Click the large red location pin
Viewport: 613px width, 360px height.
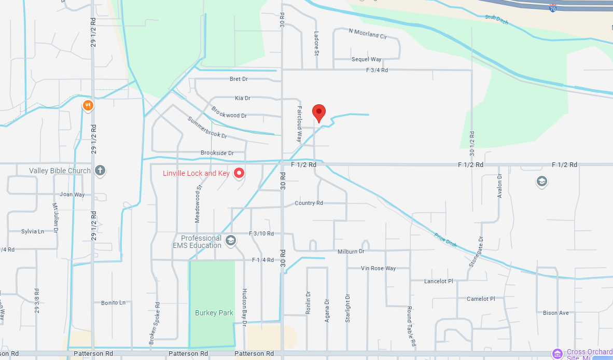pyautogui.click(x=319, y=113)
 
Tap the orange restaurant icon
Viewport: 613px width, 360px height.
pyautogui.click(x=88, y=106)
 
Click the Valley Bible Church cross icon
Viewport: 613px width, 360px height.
pyautogui.click(x=100, y=170)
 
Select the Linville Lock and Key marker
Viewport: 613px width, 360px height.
pyautogui.click(x=239, y=173)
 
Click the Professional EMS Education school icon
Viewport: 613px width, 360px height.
pyautogui.click(x=231, y=240)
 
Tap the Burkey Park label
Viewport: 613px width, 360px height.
pyautogui.click(x=214, y=313)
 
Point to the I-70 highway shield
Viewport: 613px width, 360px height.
pyautogui.click(x=553, y=8)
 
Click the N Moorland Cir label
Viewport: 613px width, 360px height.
pyautogui.click(x=368, y=34)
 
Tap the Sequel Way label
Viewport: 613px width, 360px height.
pyautogui.click(x=366, y=60)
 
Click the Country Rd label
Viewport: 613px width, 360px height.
pyautogui.click(x=309, y=203)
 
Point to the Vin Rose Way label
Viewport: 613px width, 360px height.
pyautogui.click(x=379, y=268)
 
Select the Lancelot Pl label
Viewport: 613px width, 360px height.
pyautogui.click(x=438, y=281)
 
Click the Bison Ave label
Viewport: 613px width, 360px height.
pyautogui.click(x=555, y=313)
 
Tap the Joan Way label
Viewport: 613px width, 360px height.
pyautogui.click(x=72, y=195)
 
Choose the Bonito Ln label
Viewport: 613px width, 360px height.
pyautogui.click(x=113, y=302)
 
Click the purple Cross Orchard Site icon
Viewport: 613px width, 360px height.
pyautogui.click(x=558, y=353)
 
